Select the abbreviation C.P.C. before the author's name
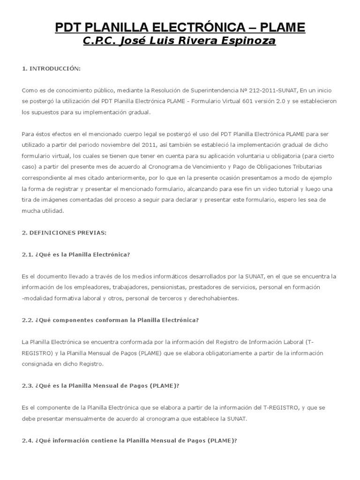(x=99, y=42)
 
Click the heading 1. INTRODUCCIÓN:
(x=52, y=68)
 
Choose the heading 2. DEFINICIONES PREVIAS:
(x=64, y=232)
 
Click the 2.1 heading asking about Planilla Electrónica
(x=75, y=255)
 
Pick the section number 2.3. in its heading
(x=28, y=386)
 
